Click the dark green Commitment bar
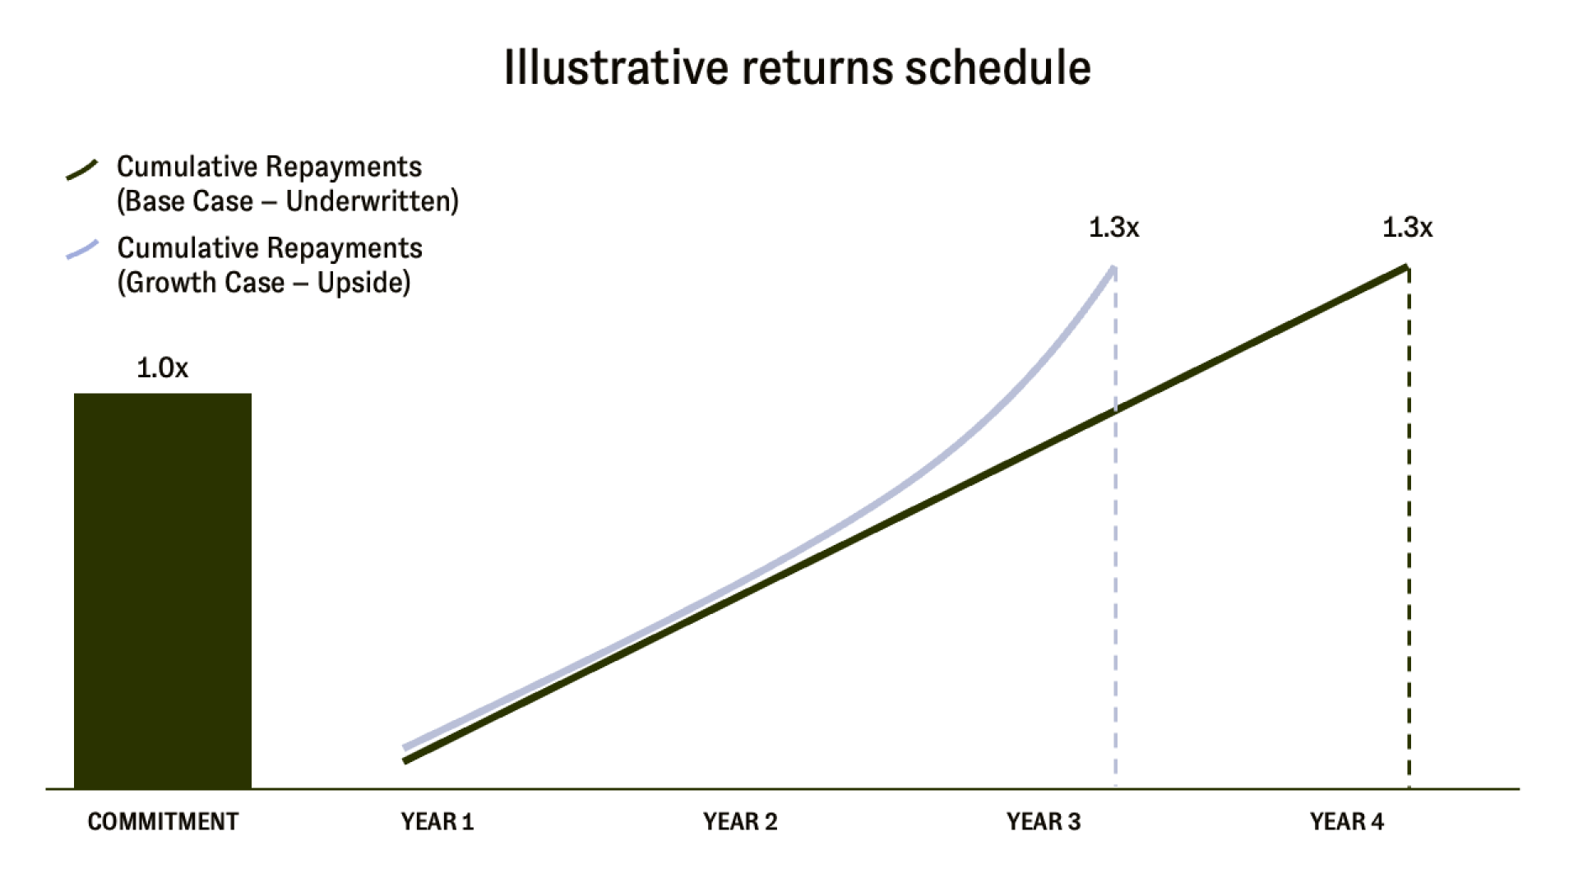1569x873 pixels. [x=163, y=591]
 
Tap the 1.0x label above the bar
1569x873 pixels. [x=162, y=367]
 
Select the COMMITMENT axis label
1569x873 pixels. [x=163, y=821]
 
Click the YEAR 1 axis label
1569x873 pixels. [x=437, y=821]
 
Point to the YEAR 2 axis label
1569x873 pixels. [x=740, y=821]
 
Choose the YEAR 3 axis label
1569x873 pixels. [x=1044, y=821]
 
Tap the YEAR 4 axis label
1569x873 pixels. [x=1347, y=821]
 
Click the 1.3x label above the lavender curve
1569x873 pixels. [x=1114, y=227]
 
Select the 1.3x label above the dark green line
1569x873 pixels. [x=1407, y=227]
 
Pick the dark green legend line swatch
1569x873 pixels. [x=82, y=169]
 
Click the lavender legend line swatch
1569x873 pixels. [x=82, y=249]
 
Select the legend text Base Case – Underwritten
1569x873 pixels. [x=288, y=201]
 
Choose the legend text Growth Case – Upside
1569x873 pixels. [x=264, y=283]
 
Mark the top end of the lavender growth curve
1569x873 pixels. [x=1114, y=267]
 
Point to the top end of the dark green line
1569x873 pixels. [x=1407, y=267]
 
